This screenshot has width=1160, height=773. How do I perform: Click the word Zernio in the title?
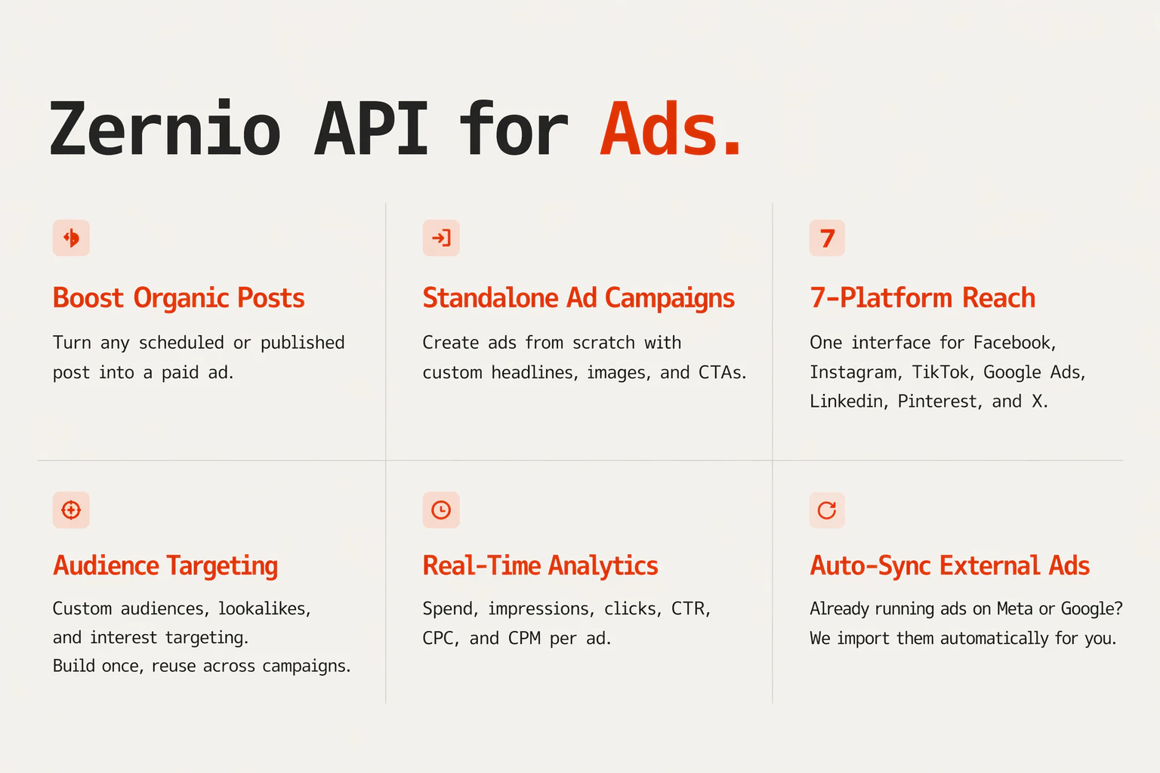(165, 130)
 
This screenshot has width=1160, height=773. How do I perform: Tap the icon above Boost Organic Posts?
(71, 239)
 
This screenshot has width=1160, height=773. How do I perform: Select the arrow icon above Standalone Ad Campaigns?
(441, 239)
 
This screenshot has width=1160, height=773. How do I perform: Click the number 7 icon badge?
(827, 239)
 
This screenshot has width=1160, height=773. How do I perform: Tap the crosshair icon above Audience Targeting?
(71, 510)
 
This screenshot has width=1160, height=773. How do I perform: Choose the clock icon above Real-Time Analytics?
(441, 510)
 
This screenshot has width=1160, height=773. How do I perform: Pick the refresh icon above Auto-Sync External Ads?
(827, 510)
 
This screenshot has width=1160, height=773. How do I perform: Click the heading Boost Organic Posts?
(178, 298)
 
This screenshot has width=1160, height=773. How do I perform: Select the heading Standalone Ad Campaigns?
(578, 298)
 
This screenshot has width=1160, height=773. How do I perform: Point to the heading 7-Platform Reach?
(922, 298)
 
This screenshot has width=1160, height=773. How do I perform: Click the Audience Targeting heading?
(165, 566)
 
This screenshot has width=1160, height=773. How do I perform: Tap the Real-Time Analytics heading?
(540, 566)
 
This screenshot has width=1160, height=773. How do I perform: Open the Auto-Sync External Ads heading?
(949, 566)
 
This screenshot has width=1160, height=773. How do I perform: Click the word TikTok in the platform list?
(940, 372)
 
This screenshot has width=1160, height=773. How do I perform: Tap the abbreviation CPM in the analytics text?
(524, 639)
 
